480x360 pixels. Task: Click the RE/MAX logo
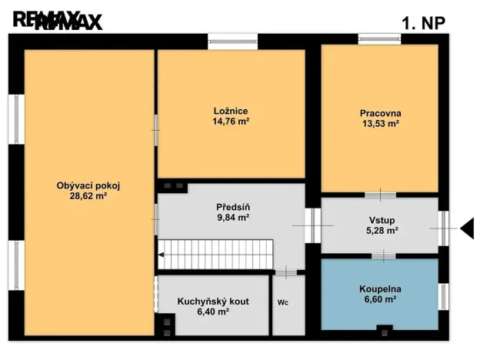(x=58, y=22)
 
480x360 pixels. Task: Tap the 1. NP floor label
(x=423, y=23)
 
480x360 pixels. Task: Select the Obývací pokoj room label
(x=88, y=185)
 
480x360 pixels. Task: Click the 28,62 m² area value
(x=88, y=196)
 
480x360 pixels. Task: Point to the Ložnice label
(x=231, y=110)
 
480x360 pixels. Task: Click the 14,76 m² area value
(x=231, y=121)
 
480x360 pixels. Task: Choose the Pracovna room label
(x=380, y=112)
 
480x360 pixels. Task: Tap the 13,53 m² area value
(x=380, y=123)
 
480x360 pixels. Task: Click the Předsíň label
(x=232, y=206)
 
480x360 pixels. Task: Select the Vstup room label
(x=380, y=218)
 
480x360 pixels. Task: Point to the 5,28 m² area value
(x=380, y=230)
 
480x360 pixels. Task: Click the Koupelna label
(x=380, y=289)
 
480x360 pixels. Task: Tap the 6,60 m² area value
(x=380, y=300)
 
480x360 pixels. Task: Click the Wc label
(x=284, y=302)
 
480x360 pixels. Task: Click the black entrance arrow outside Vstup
(x=468, y=226)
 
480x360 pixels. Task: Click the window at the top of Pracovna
(x=379, y=38)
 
